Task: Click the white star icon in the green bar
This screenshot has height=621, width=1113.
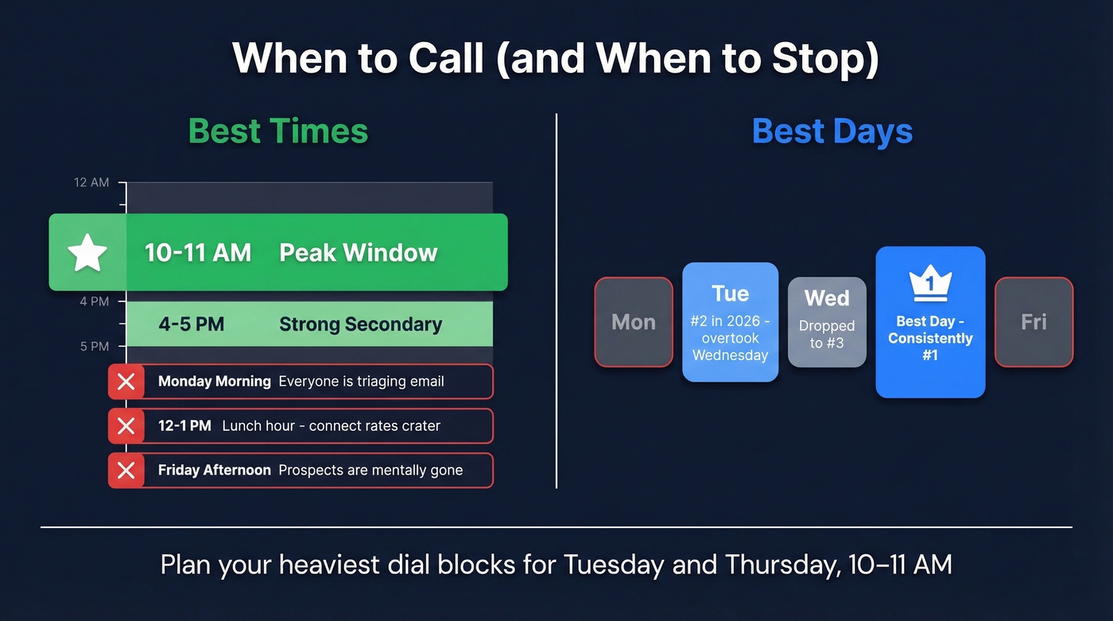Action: [87, 253]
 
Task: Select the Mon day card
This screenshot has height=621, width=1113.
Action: [634, 322]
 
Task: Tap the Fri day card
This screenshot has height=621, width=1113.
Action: [1033, 322]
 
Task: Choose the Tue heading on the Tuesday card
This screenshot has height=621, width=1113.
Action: [730, 293]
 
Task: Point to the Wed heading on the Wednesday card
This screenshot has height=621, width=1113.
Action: [827, 298]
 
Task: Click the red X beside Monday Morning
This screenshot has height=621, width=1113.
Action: [126, 382]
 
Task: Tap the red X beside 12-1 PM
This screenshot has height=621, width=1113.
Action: [126, 426]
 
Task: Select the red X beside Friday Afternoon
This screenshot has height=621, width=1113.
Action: [126, 471]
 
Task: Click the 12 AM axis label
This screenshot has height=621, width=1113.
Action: [91, 183]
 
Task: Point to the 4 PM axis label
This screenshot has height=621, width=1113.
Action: [95, 302]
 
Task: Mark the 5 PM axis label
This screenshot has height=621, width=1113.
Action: [95, 347]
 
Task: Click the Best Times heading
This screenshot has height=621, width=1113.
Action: [278, 131]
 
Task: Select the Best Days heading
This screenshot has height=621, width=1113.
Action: [832, 131]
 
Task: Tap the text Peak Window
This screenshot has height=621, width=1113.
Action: [359, 253]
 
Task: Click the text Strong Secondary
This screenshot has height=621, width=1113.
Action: [360, 324]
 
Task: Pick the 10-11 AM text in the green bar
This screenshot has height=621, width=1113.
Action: [198, 253]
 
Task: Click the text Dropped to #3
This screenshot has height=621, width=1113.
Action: [827, 335]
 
